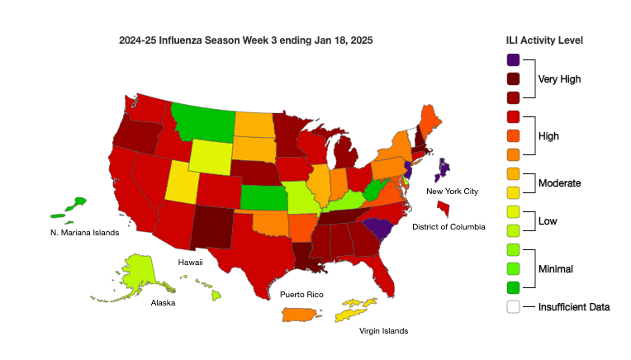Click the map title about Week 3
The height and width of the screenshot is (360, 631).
pos(245,40)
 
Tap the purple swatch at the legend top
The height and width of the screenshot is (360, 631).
pos(513,59)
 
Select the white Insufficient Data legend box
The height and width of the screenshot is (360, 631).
pos(513,306)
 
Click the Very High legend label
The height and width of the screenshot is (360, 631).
pos(560,79)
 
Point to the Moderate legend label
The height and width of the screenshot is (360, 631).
pos(559,182)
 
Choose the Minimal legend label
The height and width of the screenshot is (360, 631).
pos(555,268)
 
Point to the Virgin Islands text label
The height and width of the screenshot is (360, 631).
pos(383,331)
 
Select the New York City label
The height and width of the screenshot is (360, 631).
pos(453,192)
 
